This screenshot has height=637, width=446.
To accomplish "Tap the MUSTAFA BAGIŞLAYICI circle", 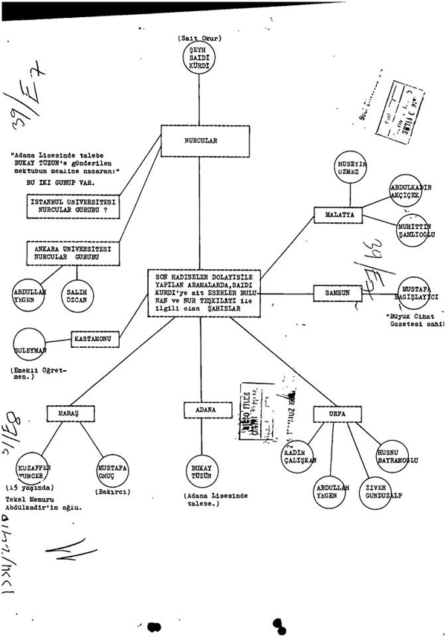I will (x=419, y=291).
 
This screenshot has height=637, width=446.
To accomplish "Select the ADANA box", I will (x=201, y=410).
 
